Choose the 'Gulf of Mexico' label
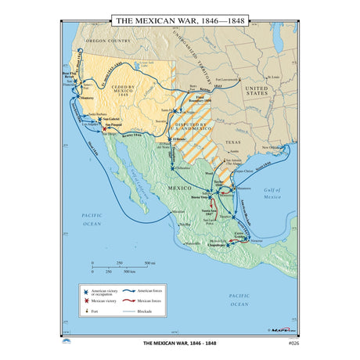pos(271,195)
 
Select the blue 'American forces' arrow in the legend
pos(133,289)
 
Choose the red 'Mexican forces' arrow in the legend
pos(133,299)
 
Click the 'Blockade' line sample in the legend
pos(133,311)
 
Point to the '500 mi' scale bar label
pos(148,263)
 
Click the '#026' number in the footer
pos(291,343)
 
